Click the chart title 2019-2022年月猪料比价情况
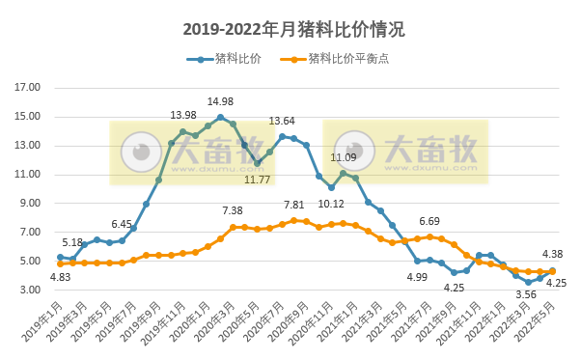tap(290, 30)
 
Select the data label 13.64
tap(282, 122)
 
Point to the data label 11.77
tap(257, 179)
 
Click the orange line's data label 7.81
tap(293, 206)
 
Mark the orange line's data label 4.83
tap(60, 277)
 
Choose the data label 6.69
tap(429, 221)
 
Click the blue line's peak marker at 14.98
tap(220, 118)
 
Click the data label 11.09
tap(344, 157)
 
